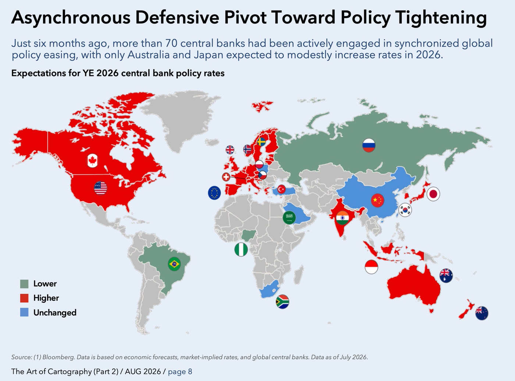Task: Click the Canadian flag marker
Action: pos(92,160)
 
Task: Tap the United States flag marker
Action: pos(100,188)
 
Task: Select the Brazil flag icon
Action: pos(174,264)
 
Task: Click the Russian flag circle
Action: pos(369,145)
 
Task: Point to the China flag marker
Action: pos(377,200)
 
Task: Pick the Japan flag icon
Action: pos(433,194)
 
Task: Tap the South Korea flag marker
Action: pos(405,210)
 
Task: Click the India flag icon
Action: pos(342,218)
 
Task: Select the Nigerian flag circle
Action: pos(241,250)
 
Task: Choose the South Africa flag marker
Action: pos(283,302)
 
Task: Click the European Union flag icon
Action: pos(214,193)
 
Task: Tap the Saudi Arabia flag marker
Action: pos(289,218)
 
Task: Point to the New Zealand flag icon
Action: pos(482,313)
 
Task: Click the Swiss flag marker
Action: pos(226,177)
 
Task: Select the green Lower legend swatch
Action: pos(24,284)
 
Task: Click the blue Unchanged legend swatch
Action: pos(24,313)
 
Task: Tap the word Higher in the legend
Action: pos(46,298)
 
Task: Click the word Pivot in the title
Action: pos(245,17)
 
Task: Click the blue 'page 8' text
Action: pos(180,372)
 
